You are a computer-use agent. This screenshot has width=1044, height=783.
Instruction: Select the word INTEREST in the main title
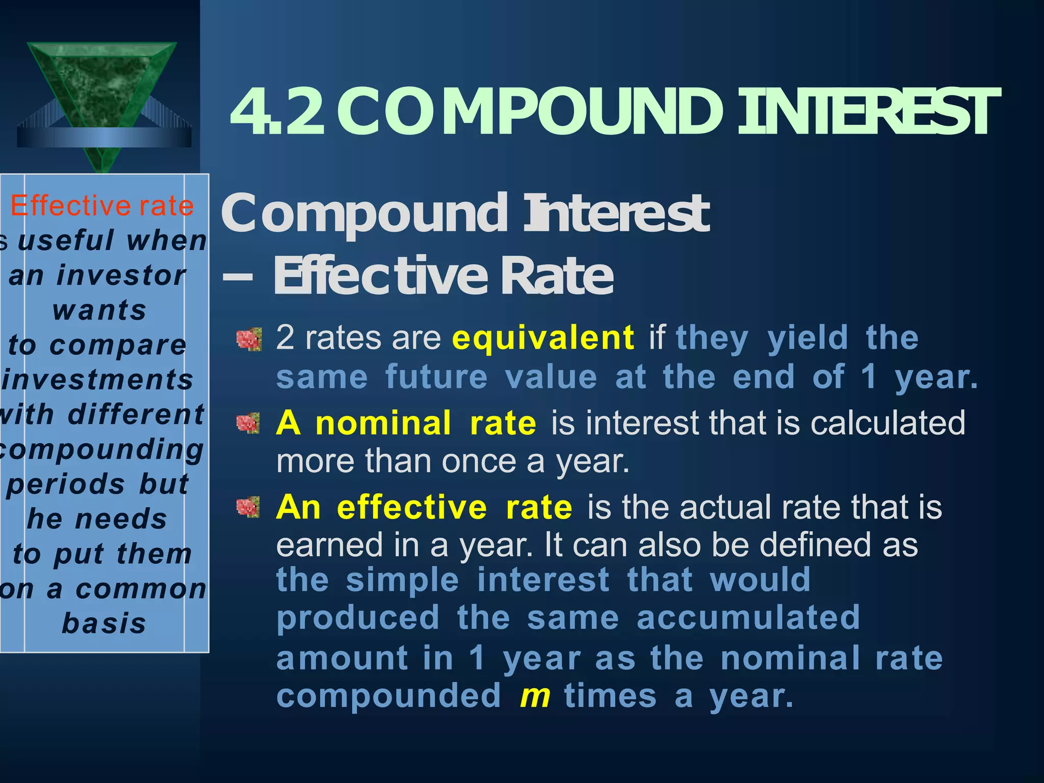tap(867, 112)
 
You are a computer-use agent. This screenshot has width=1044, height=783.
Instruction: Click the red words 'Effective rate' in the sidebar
tap(102, 206)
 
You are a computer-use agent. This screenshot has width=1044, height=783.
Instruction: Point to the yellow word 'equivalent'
tap(543, 338)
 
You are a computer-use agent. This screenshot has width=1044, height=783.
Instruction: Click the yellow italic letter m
tap(535, 696)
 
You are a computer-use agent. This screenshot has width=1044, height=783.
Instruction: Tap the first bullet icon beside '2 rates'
tap(249, 340)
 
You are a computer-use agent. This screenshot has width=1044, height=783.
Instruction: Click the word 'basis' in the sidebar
tap(104, 623)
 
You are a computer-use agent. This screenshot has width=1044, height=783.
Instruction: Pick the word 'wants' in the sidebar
tap(99, 310)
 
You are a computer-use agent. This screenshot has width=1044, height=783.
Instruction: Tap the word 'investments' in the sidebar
tap(98, 380)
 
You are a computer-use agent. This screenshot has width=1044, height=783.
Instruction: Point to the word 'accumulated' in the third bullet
tap(748, 618)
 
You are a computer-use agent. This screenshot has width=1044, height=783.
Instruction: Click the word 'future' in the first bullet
tap(436, 377)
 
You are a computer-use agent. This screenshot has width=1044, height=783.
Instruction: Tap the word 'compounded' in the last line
tap(388, 697)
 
